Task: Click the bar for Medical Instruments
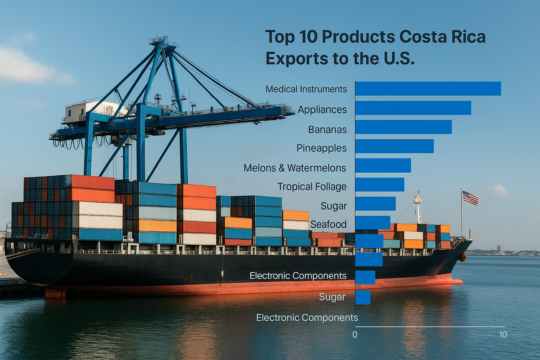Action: pyautogui.click(x=428, y=89)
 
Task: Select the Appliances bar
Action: pyautogui.click(x=413, y=108)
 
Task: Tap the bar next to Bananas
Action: pyautogui.click(x=403, y=127)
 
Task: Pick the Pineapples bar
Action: pyautogui.click(x=394, y=146)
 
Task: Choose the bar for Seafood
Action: pyautogui.click(x=373, y=223)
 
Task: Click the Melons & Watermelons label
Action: pyautogui.click(x=295, y=168)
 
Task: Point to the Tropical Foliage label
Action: pyautogui.click(x=312, y=187)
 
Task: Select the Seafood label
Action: pyautogui.click(x=328, y=224)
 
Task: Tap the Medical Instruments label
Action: pyautogui.click(x=306, y=89)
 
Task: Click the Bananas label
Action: pyautogui.click(x=327, y=130)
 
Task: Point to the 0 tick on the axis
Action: pyautogui.click(x=355, y=335)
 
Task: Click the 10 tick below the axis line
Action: pyautogui.click(x=503, y=335)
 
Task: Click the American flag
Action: pyautogui.click(x=470, y=198)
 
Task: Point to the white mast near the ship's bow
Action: pyautogui.click(x=418, y=207)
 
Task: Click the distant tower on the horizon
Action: pyautogui.click(x=499, y=249)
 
